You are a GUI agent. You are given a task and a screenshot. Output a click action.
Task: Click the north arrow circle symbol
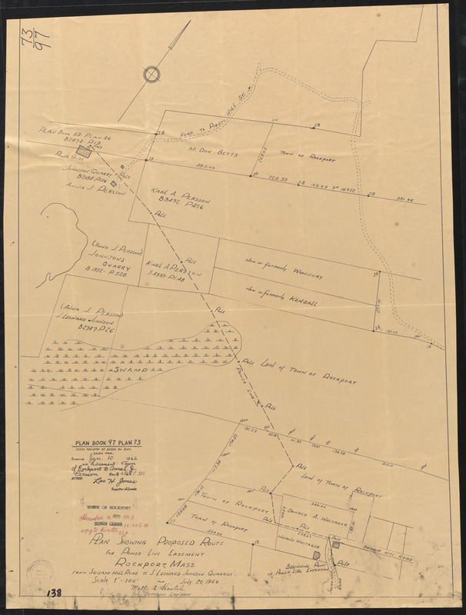152,74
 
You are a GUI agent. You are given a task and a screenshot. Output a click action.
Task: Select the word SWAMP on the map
131,370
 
